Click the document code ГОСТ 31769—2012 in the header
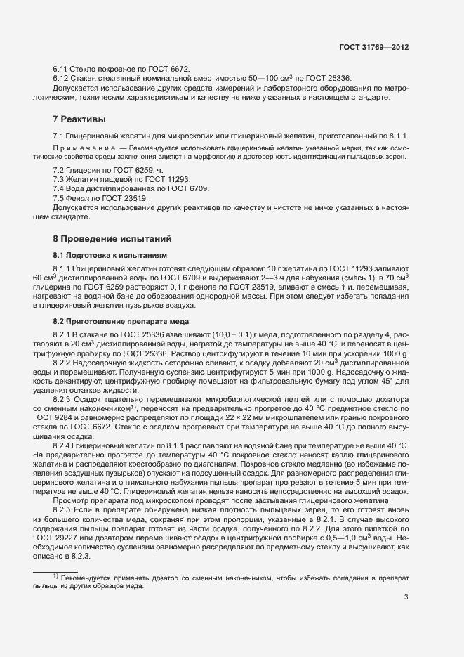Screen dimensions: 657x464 (374, 46)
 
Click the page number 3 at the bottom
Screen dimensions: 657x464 (406, 597)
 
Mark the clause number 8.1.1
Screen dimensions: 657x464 (63, 270)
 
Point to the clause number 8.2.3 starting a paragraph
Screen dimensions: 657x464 (63, 398)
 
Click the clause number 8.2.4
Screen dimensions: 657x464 (63, 445)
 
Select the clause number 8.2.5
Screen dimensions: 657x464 (63, 510)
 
